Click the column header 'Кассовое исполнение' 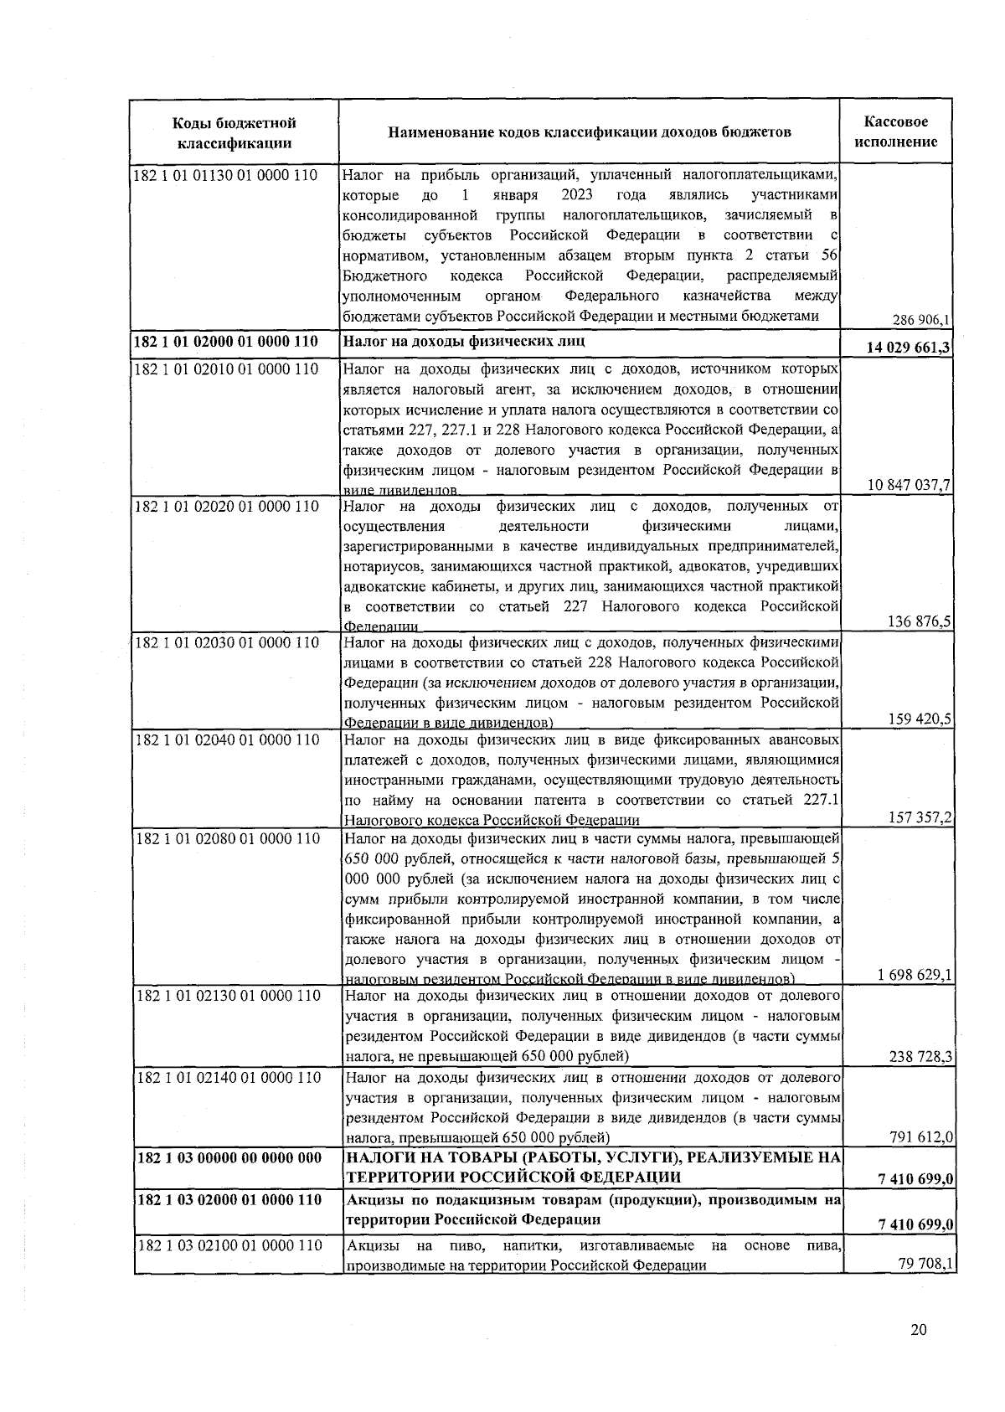[x=896, y=132]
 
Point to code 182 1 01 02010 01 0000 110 [x=226, y=368]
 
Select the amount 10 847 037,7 [x=910, y=485]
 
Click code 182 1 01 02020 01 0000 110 [x=226, y=506]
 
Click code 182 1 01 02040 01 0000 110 [x=226, y=739]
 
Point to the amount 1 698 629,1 [x=915, y=975]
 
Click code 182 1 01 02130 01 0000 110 [x=226, y=995]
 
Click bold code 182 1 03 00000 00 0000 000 [x=228, y=1157]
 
